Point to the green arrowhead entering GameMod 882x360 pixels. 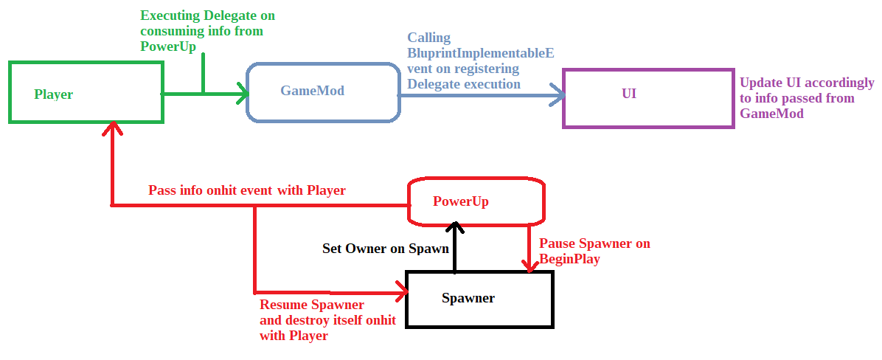click(242, 93)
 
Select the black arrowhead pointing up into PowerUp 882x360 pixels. click(456, 226)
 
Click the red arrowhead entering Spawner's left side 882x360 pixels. click(402, 292)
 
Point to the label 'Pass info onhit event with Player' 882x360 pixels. click(247, 190)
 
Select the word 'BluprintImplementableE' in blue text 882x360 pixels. click(481, 53)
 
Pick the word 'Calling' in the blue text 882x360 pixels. click(429, 38)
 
